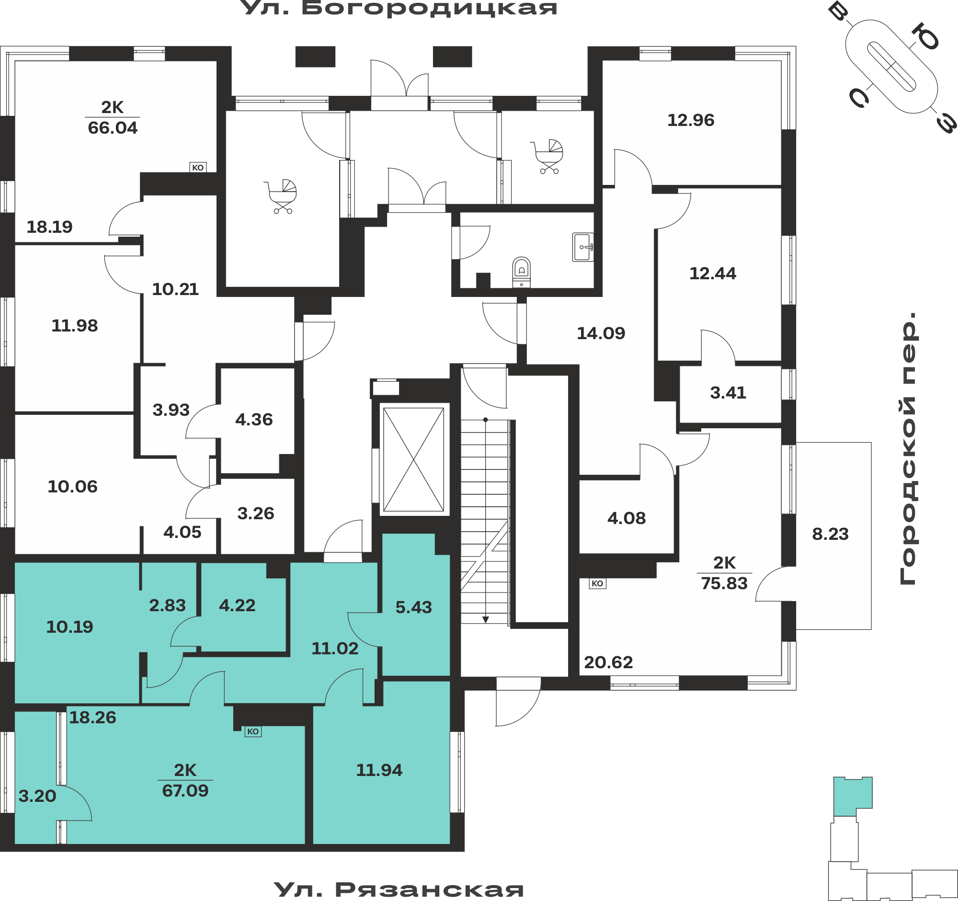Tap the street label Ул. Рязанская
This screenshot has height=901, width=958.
pos(399,890)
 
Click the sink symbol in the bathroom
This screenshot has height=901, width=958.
pos(582,247)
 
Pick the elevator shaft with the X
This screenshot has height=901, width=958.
pos(413,460)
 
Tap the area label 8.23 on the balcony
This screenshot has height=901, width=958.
pos(830,534)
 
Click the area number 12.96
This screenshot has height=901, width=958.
pos(691,120)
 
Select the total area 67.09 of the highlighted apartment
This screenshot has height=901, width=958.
pos(185,791)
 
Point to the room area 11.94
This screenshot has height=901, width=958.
pos(379,770)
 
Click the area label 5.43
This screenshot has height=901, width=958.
pos(413,607)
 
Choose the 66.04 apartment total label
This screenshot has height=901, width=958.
pos(113,128)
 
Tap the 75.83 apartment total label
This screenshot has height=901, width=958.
pos(724,583)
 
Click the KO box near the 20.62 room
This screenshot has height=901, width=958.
pos(597,583)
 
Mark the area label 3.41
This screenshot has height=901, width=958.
pos(728,393)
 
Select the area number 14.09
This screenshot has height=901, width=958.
pos(601,333)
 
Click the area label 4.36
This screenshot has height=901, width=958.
pos(254,420)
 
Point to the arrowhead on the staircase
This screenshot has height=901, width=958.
pos(486,620)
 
